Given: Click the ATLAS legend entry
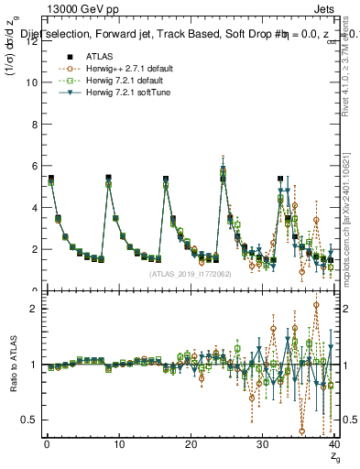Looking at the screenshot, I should click(x=94, y=57).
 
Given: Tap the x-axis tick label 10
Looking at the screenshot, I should click(x=118, y=444).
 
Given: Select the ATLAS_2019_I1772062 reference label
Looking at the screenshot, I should click(x=190, y=274).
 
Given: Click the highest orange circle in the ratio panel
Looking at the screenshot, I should click(x=316, y=305).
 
